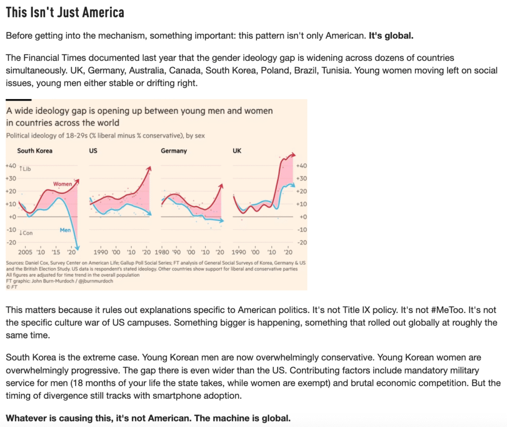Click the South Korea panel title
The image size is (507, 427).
35,151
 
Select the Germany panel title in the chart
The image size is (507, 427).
174,151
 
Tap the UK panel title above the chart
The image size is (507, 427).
237,151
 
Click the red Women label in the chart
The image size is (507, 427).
63,184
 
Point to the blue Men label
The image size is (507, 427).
65,230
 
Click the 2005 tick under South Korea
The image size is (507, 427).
25,251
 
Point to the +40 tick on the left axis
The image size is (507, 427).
10,166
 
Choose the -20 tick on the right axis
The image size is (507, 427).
302,242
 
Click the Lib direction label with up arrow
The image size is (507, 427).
25,169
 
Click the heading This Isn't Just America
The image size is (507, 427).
65,12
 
